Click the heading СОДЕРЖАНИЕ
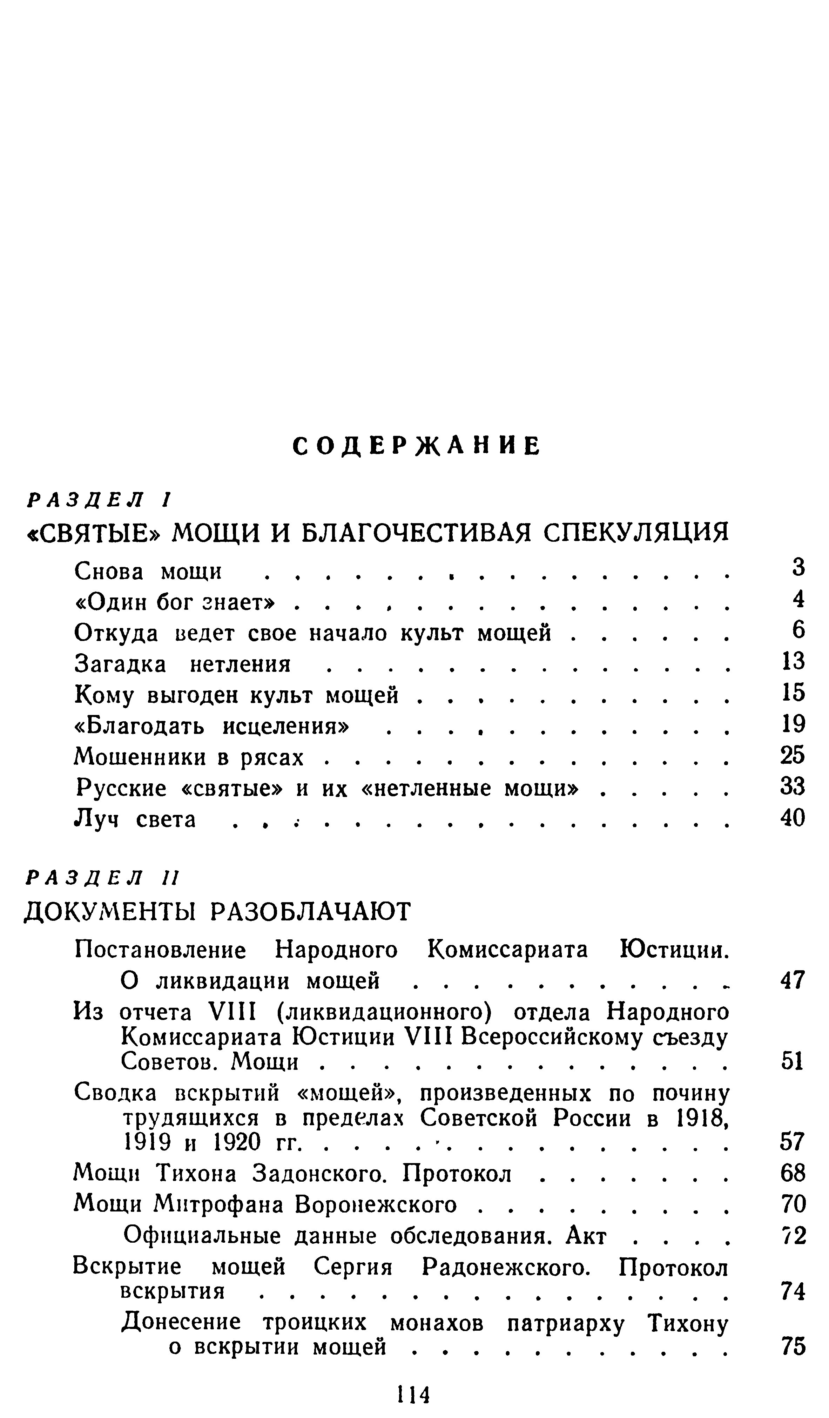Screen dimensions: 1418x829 click(x=417, y=446)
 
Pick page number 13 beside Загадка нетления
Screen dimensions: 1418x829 click(x=794, y=661)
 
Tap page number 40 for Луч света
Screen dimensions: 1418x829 click(x=793, y=818)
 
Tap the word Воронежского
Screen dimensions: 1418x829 click(x=376, y=1205)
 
